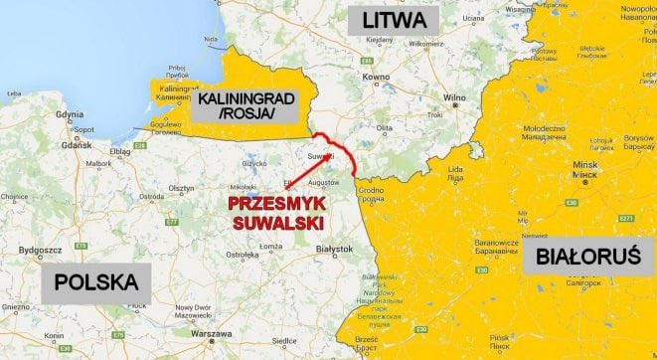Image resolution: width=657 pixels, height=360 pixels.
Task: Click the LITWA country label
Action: point(388,22)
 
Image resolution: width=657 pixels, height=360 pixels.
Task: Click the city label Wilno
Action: point(454,97)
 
